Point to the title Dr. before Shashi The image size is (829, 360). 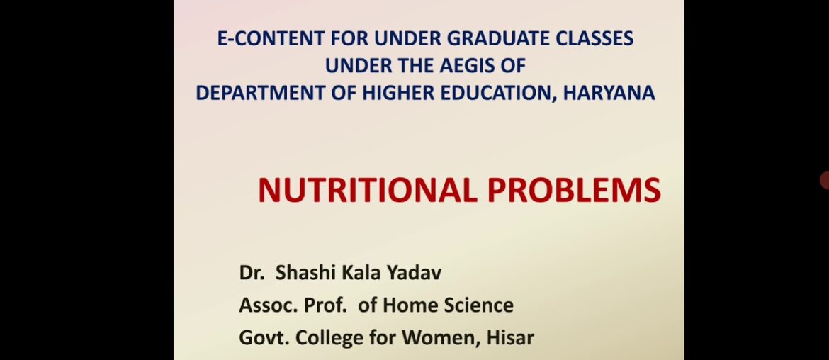(249, 274)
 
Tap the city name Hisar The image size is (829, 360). (510, 338)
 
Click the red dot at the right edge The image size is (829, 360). (825, 181)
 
